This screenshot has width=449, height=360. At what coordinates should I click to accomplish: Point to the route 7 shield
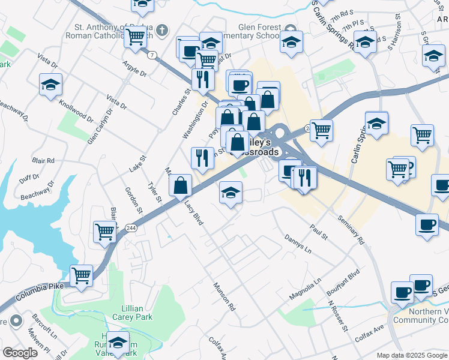pyautogui.click(x=153, y=55)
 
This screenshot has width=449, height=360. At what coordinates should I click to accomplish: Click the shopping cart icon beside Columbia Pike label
pyautogui.click(x=82, y=276)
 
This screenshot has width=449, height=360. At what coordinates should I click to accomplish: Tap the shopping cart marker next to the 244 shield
pyautogui.click(x=105, y=232)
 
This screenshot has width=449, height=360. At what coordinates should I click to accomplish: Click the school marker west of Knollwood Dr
pyautogui.click(x=51, y=85)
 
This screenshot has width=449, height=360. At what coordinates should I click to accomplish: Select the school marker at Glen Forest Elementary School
pyautogui.click(x=291, y=42)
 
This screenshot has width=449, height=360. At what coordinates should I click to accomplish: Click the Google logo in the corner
pyautogui.click(x=20, y=353)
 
